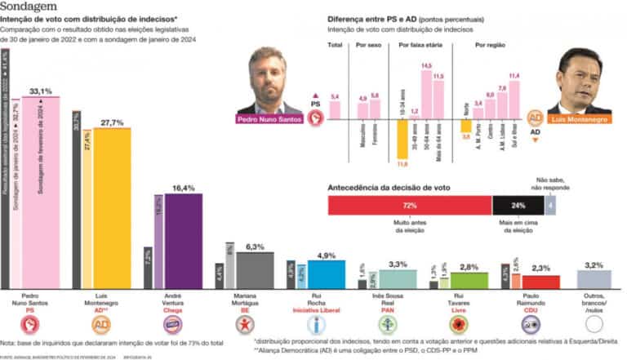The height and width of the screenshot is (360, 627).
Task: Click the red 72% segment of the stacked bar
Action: point(408,206)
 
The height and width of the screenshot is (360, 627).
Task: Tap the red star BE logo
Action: point(242,325)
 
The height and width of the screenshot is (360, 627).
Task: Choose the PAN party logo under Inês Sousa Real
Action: point(387,325)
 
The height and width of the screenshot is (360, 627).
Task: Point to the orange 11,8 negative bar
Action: point(402,139)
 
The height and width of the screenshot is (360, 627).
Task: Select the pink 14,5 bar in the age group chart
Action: point(426,96)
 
